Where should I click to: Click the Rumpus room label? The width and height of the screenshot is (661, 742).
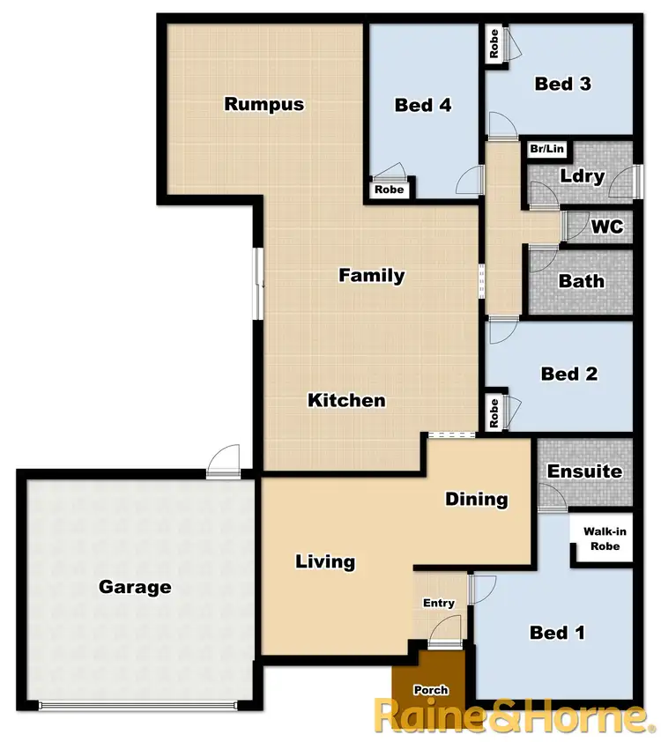point(264,104)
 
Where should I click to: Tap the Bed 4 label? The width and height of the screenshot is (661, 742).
point(423,106)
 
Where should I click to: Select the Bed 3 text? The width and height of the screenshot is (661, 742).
point(562,84)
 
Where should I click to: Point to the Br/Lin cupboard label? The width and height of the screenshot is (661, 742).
point(546,149)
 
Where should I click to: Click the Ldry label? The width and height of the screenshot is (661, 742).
point(582,176)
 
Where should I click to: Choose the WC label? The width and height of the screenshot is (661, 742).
point(606,226)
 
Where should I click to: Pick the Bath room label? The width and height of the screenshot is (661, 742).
point(582,281)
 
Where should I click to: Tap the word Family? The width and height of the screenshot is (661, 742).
point(372,275)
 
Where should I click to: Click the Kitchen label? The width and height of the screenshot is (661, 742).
point(346,400)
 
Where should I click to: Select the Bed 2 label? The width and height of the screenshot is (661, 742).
point(569,374)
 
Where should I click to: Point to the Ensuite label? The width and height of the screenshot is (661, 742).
point(584,471)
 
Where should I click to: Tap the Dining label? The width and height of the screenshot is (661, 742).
point(476,499)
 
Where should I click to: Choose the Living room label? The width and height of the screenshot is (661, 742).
point(325,561)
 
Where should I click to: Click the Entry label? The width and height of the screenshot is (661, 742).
point(438,603)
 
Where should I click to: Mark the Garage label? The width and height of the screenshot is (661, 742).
point(135,587)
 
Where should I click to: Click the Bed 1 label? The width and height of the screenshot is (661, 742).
point(556,632)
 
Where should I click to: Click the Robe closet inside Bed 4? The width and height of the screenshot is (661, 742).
point(389,189)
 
